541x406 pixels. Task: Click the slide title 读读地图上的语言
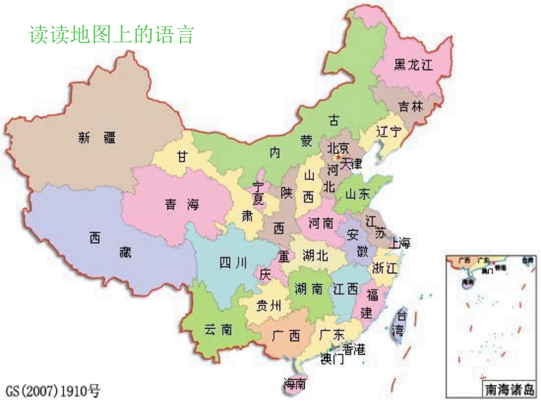(112, 35)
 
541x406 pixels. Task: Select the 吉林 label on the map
(411, 106)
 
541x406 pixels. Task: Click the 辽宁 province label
(388, 132)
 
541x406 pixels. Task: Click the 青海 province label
(182, 205)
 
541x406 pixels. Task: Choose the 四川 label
(233, 263)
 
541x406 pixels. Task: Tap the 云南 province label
(218, 329)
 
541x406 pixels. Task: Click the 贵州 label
(269, 306)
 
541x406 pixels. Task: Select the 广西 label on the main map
(286, 336)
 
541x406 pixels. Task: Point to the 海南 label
(295, 384)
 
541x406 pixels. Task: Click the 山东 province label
(358, 194)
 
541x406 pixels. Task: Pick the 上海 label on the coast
(399, 243)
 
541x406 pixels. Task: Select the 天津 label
(351, 164)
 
